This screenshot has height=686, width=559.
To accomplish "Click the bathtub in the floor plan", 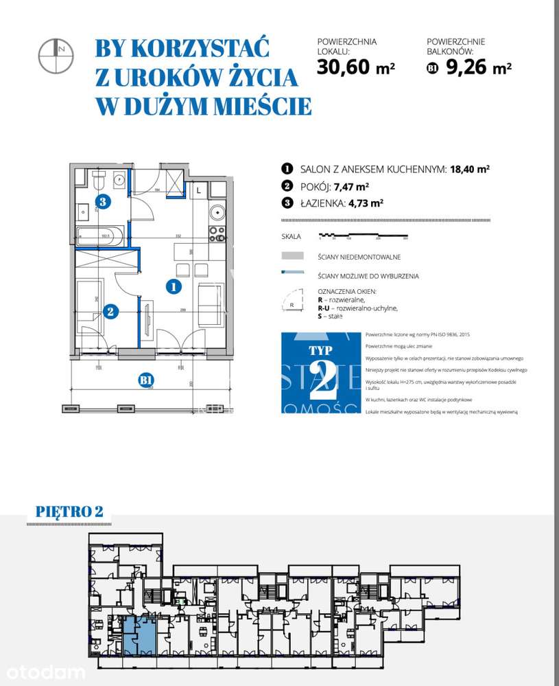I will [x=100, y=236].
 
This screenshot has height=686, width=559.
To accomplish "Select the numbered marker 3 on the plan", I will [x=102, y=202].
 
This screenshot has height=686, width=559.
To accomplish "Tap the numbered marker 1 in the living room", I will [x=174, y=287].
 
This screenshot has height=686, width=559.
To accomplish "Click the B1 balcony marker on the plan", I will [x=145, y=380].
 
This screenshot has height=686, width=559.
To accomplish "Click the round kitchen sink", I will [x=217, y=213].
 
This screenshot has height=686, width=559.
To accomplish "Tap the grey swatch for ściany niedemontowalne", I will [x=292, y=256].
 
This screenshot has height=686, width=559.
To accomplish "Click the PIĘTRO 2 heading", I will [x=69, y=512].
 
